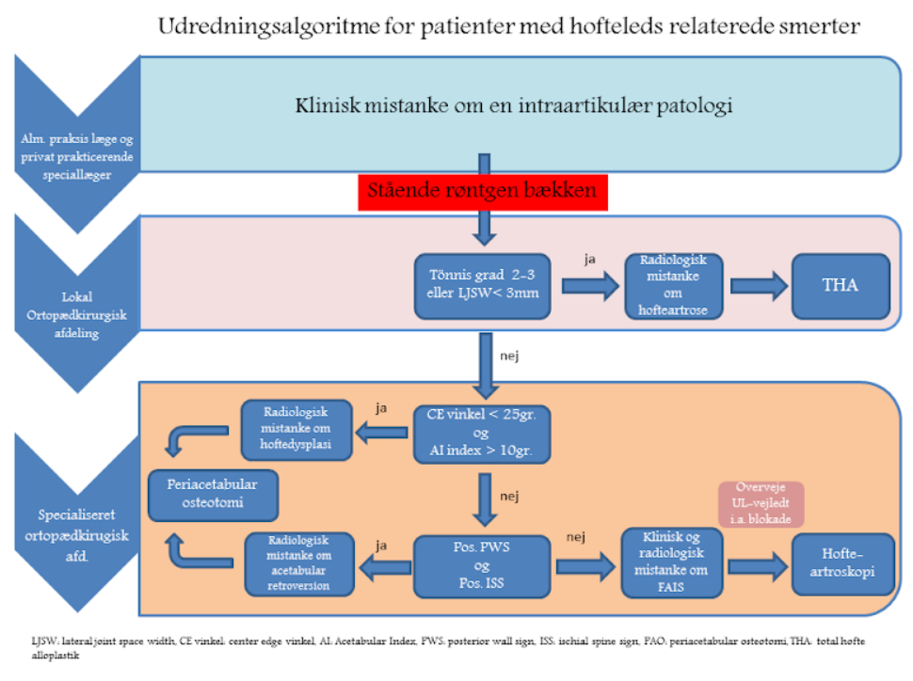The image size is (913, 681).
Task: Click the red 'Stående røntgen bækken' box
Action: coord(483,192)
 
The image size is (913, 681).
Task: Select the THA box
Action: coord(841,286)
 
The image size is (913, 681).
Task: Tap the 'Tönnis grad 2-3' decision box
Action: coord(482,286)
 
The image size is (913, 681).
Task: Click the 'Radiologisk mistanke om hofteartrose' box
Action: coord(673,286)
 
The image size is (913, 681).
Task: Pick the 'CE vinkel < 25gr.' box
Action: coord(482,435)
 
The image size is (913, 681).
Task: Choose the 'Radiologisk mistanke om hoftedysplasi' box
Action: coord(296,430)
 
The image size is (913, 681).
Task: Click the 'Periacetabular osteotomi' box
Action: coord(213,495)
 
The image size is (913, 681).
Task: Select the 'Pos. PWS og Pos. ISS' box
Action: coord(482,566)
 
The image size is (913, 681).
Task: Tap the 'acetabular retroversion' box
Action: coord(299,563)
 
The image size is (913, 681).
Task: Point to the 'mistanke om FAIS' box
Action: coord(671,562)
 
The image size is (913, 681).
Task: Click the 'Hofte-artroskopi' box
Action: coord(842,563)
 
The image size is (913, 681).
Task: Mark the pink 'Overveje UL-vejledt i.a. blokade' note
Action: coord(761,504)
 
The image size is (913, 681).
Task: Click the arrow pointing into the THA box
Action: coord(759,286)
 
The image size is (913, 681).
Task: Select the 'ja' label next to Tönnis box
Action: coord(590,259)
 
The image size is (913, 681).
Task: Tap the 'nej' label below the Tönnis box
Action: coord(509,356)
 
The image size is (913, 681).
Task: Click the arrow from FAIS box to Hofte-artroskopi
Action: coord(758,566)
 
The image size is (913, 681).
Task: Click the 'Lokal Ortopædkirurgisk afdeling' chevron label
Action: coord(77,315)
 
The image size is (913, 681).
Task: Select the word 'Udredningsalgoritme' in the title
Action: coord(269,26)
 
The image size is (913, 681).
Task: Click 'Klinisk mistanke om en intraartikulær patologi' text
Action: coord(514,106)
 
